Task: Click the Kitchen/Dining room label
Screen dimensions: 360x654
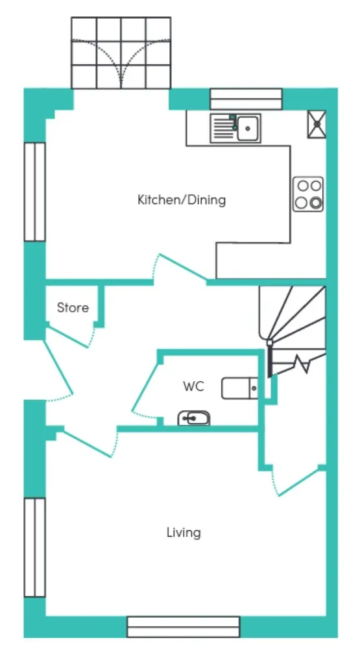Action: tap(182, 200)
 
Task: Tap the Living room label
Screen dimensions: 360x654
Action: tap(184, 533)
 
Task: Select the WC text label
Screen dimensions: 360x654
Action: tap(194, 386)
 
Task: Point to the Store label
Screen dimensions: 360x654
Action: tap(73, 308)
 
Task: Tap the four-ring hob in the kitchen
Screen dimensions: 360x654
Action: tap(308, 194)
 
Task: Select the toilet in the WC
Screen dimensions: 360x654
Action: tap(240, 388)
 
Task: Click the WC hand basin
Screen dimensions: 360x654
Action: tap(194, 418)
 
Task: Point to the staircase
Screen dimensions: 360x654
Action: tap(293, 329)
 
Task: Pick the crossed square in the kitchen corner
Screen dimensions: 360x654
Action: tap(317, 124)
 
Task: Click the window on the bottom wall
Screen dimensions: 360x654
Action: tap(184, 627)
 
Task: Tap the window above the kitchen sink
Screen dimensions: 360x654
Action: tap(246, 99)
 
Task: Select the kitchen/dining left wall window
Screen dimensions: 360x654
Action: tap(34, 192)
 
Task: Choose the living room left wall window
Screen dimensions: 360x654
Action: tap(34, 547)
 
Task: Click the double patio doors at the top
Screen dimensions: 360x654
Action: tap(121, 53)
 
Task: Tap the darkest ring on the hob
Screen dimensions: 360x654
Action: tap(316, 203)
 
